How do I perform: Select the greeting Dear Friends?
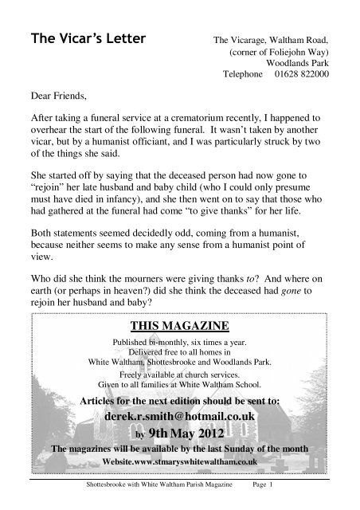(x=57, y=104)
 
